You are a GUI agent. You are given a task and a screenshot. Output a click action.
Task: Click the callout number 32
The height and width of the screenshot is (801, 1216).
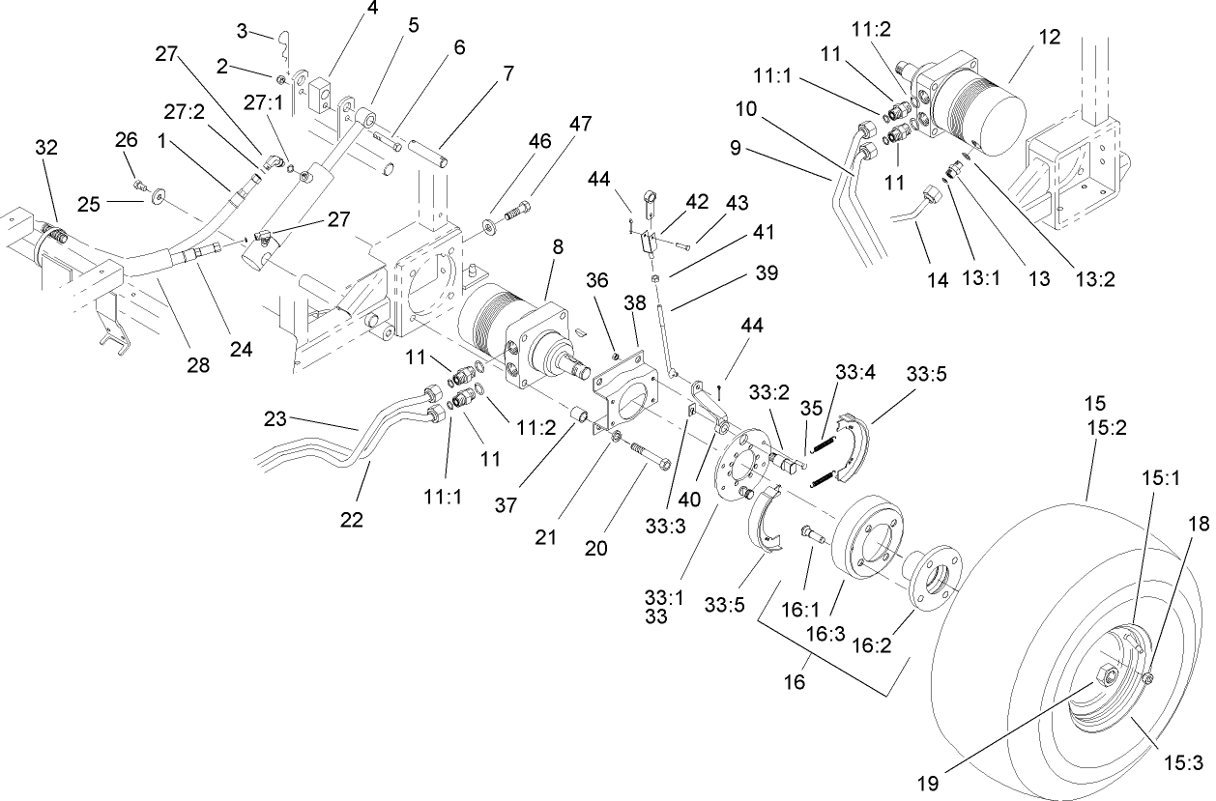(46, 148)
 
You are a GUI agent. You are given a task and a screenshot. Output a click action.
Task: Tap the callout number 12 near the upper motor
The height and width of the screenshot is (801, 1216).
(1050, 38)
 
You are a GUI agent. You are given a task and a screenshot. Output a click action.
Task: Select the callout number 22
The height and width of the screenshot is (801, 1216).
(352, 520)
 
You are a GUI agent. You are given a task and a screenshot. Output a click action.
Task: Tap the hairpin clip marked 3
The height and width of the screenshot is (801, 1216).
(284, 41)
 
